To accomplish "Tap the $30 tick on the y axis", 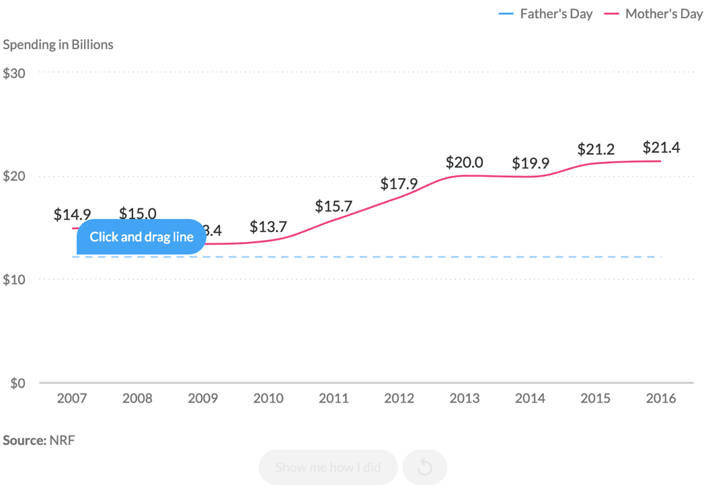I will pos(14,73).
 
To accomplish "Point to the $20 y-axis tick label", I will pos(14,177).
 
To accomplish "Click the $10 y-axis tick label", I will pos(14,280).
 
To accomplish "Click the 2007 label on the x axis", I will pos(72,399).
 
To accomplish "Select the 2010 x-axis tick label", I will pos(268,399).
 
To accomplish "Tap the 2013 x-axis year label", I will pos(465,399).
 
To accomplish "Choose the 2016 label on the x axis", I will pos(661,399).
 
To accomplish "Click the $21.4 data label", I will pos(661,148).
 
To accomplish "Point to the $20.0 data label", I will pos(465,162).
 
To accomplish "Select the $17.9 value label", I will pos(399,183).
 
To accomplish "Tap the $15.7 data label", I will pos(334,206).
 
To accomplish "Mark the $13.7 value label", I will pos(268,227).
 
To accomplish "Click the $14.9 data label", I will pos(72,214).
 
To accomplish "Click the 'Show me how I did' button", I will pos(328,467).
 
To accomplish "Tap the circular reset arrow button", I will pos(425,467).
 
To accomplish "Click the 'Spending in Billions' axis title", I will pos(58,44).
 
